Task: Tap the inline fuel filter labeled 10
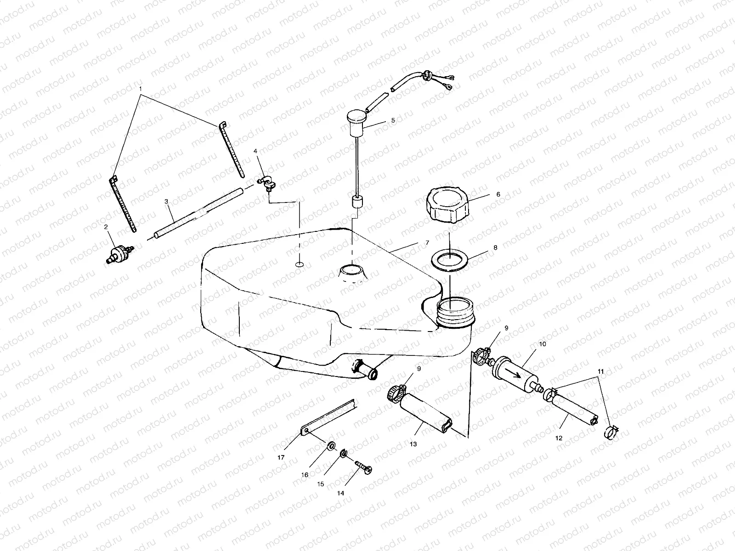pos(515,374)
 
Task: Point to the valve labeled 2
pos(119,253)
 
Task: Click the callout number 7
pos(427,242)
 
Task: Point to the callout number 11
pos(601,370)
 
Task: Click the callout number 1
pos(141,87)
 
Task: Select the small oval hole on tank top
pos(299,264)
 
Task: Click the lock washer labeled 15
pos(343,455)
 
